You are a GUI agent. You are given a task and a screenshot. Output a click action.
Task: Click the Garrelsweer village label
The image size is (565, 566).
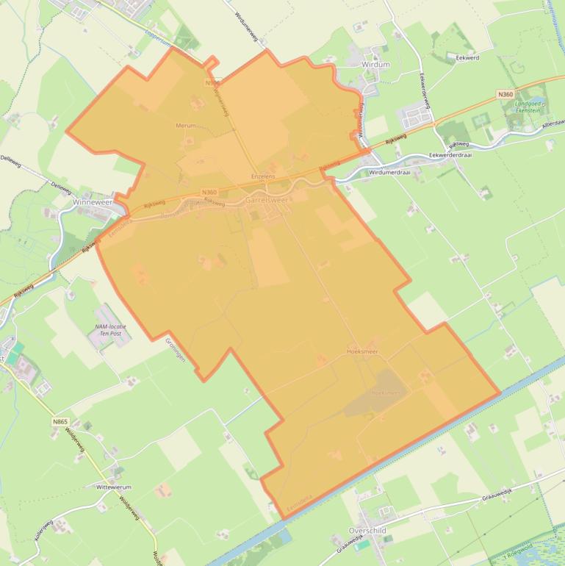pos(267,199)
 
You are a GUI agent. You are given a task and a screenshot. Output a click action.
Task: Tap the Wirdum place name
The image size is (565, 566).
pos(375,65)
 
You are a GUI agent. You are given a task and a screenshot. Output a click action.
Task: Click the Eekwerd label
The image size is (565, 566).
pos(467,56)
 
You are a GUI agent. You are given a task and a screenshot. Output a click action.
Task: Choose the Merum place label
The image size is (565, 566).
pos(185,126)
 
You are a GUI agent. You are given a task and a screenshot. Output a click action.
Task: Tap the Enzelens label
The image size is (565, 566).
pos(262,176)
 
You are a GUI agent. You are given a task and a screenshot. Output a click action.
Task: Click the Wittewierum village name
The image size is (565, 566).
pos(113,487)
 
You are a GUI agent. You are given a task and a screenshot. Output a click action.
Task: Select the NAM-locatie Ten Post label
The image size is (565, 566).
pos(110,329)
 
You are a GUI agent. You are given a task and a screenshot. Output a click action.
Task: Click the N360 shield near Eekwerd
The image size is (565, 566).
pos(505,94)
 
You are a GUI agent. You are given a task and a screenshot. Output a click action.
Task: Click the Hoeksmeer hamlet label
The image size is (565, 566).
pos(362,353)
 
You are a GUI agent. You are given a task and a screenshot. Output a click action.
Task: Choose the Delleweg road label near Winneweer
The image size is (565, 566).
pos(60,186)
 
